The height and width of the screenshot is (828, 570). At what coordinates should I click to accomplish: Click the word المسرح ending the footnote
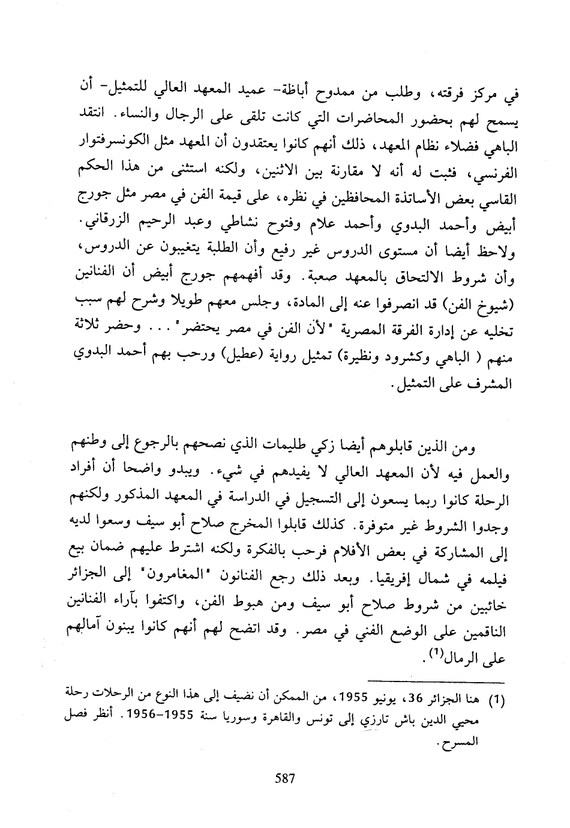(x=462, y=740)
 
